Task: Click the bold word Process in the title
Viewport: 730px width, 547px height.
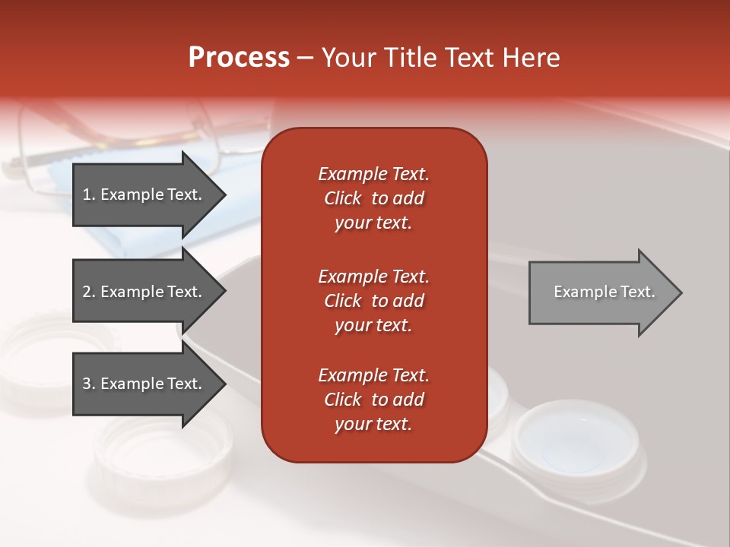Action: [x=239, y=58]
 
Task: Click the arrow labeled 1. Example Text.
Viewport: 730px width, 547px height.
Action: [x=144, y=194]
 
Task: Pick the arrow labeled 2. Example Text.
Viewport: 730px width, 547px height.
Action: [x=144, y=292]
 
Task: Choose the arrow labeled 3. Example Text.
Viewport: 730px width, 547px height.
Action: [x=144, y=384]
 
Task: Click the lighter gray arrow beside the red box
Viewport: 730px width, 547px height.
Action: [x=601, y=292]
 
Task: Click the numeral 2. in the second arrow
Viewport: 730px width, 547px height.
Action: [x=89, y=292]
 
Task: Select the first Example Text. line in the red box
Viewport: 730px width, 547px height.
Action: [x=373, y=174]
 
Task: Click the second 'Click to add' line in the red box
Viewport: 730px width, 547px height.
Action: [x=373, y=301]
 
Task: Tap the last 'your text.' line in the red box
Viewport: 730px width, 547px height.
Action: [x=373, y=425]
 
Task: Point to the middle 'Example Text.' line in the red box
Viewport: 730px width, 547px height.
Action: [x=373, y=276]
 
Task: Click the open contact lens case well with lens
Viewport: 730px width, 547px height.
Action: [x=574, y=444]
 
